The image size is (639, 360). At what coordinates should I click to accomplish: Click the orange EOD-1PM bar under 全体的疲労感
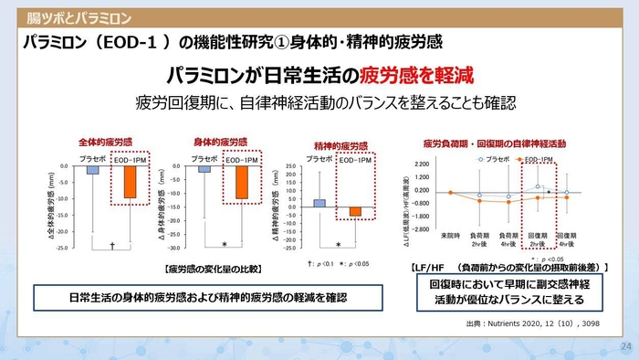tap(129, 182)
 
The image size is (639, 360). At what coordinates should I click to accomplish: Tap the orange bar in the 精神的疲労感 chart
tap(354, 211)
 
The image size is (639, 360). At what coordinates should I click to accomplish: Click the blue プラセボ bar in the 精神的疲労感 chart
tap(319, 204)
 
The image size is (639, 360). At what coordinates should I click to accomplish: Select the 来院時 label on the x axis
tap(449, 235)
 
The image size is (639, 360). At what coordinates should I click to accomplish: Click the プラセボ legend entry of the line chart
tap(492, 159)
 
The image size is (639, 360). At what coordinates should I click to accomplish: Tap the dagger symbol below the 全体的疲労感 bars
tap(111, 245)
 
